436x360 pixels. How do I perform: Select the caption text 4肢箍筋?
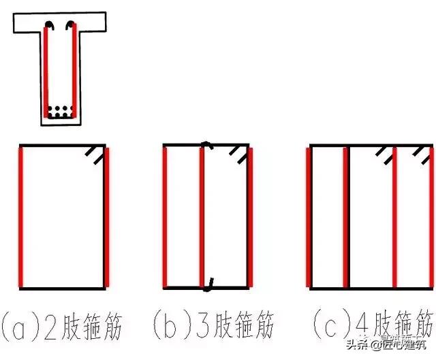pyautogui.click(x=402, y=323)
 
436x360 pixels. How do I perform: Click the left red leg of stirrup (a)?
pyautogui.click(x=21, y=216)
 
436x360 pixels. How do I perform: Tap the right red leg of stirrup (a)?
pyautogui.click(x=106, y=216)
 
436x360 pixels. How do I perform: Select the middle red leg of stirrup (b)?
pyautogui.click(x=202, y=216)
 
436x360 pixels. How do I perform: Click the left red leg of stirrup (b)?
pyautogui.click(x=165, y=216)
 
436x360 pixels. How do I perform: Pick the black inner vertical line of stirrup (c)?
pyautogui.click(x=349, y=216)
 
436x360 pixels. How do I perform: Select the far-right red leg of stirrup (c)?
pyautogui.click(x=432, y=216)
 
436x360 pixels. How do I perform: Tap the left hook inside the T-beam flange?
pyautogui.click(x=49, y=27)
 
